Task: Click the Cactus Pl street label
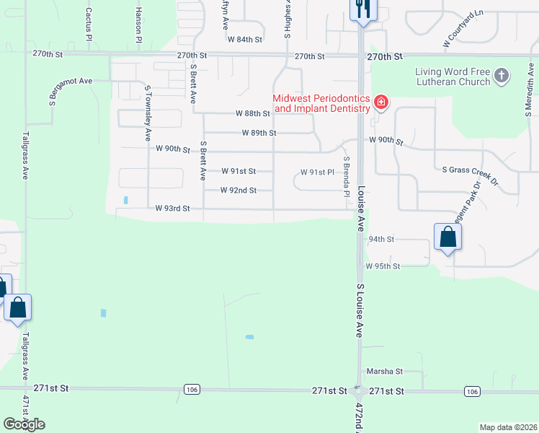(x=89, y=24)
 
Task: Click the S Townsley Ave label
(x=148, y=113)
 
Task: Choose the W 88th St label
(x=252, y=113)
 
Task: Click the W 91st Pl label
(x=317, y=172)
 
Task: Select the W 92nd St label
(x=239, y=191)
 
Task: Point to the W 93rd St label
(x=172, y=209)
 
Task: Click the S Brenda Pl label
(x=347, y=178)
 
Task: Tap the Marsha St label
(x=385, y=372)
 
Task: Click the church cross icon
(x=503, y=74)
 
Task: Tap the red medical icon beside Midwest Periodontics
(x=380, y=103)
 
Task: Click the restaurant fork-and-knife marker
(x=362, y=9)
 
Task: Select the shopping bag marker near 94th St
(x=447, y=237)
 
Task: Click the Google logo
(x=24, y=424)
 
